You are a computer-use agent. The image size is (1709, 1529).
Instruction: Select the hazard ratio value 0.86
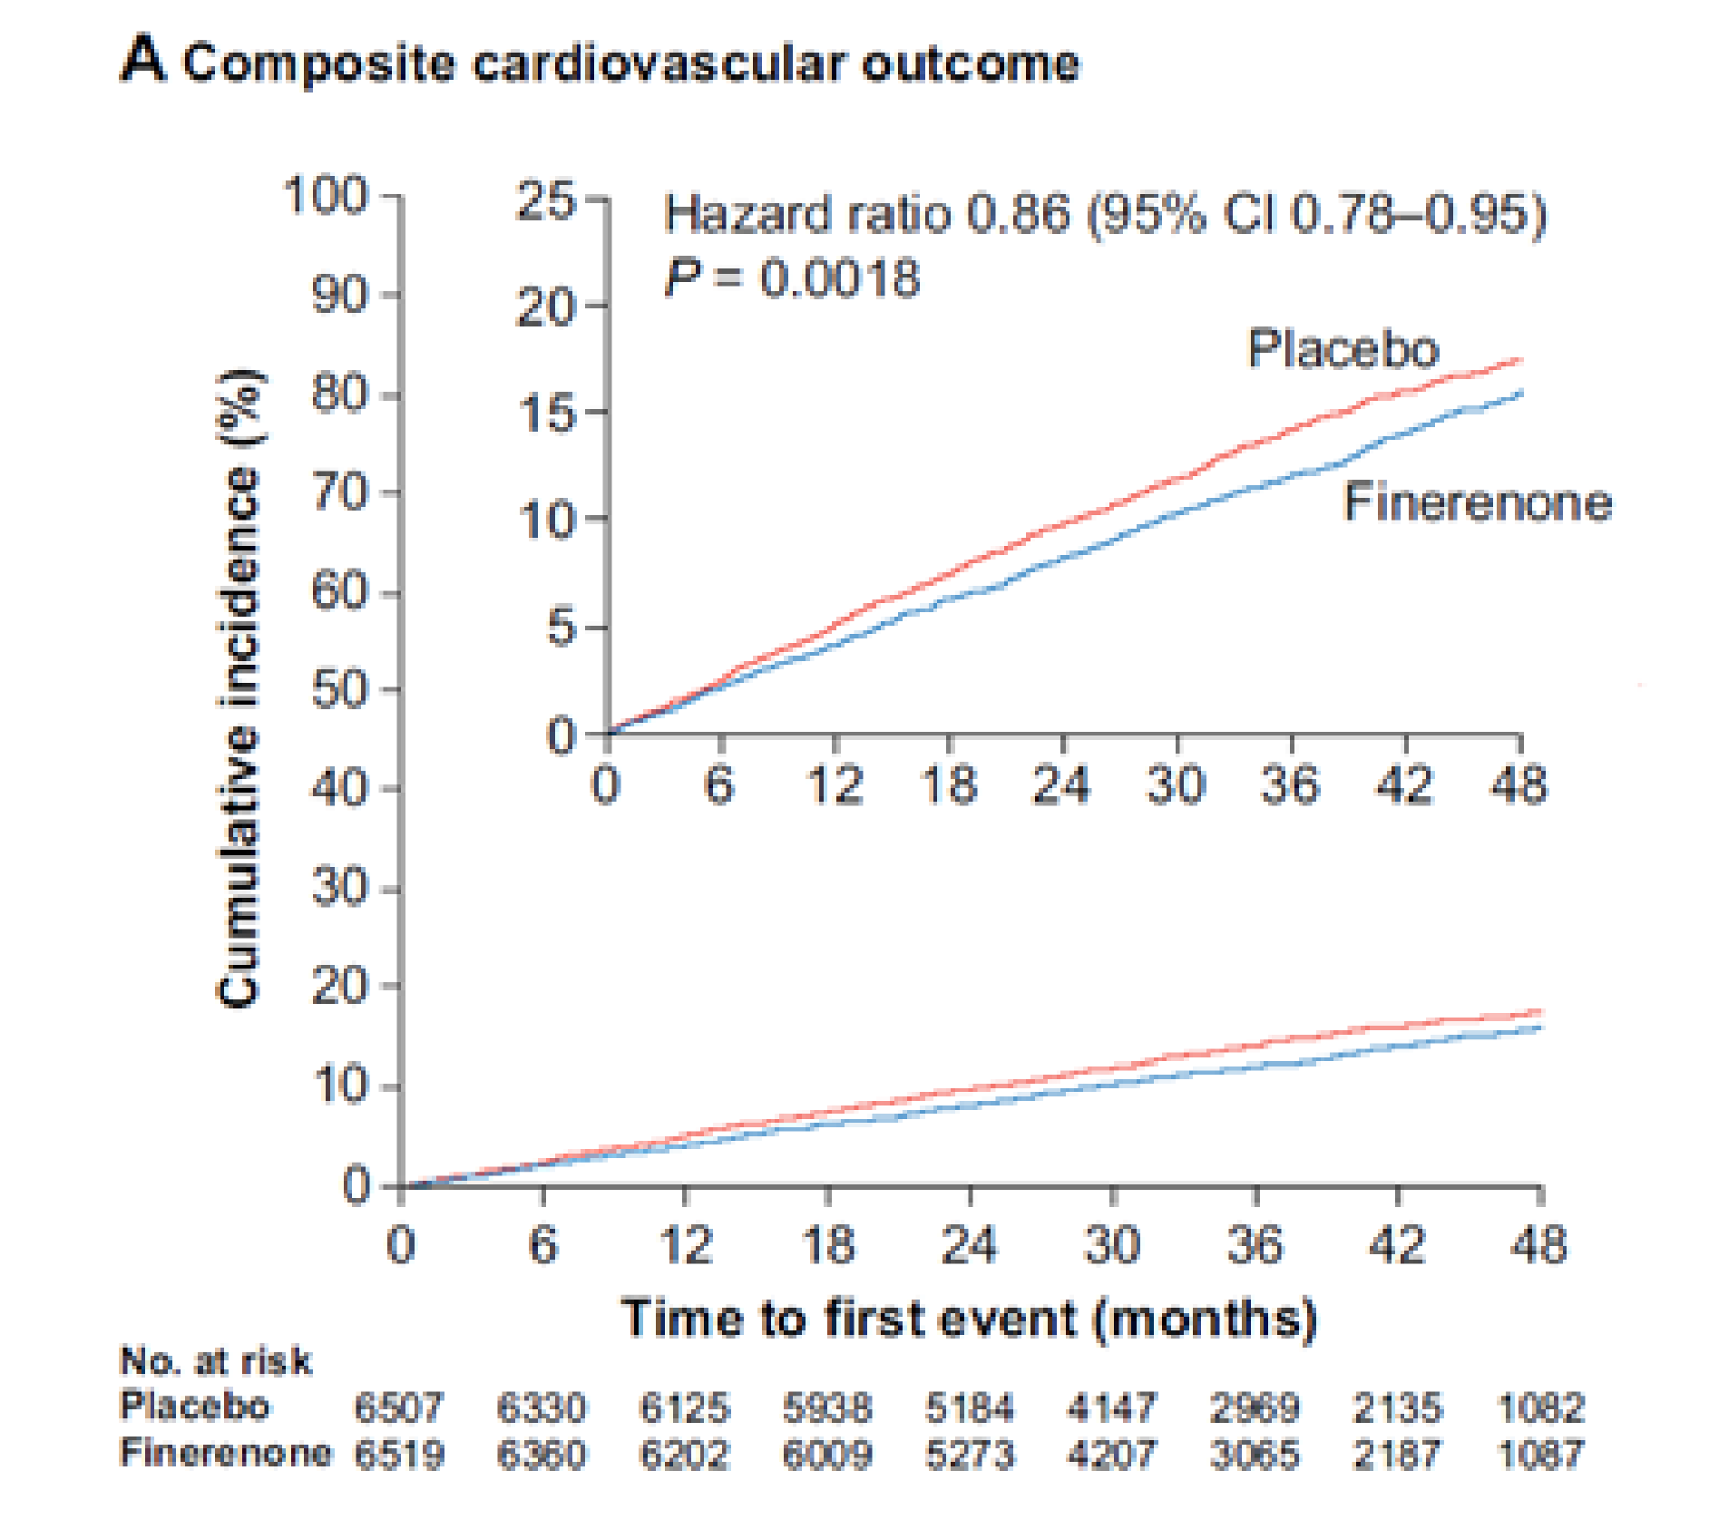[x=1019, y=216]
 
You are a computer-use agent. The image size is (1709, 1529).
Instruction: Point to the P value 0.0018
[x=839, y=278]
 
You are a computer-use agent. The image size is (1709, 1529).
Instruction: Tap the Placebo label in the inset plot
[x=1343, y=349]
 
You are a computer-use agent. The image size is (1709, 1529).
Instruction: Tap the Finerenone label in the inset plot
[x=1477, y=502]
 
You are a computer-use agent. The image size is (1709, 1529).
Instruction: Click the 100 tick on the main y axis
[x=326, y=196]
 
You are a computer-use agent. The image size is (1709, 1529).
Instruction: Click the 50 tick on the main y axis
[x=341, y=689]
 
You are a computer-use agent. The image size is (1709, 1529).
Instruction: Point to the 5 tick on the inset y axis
[x=562, y=628]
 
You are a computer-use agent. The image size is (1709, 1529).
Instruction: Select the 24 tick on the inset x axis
[x=1061, y=785]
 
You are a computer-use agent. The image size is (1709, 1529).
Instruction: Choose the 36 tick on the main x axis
[x=1255, y=1244]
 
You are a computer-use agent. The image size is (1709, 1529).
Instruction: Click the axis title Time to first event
[x=968, y=1318]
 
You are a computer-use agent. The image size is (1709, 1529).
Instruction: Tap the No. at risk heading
[x=215, y=1361]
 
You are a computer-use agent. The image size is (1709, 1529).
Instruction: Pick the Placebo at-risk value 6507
[x=399, y=1407]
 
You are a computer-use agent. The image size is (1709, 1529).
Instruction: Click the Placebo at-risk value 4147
[x=1112, y=1407]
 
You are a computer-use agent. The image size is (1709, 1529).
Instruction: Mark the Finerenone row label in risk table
[x=226, y=1453]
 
